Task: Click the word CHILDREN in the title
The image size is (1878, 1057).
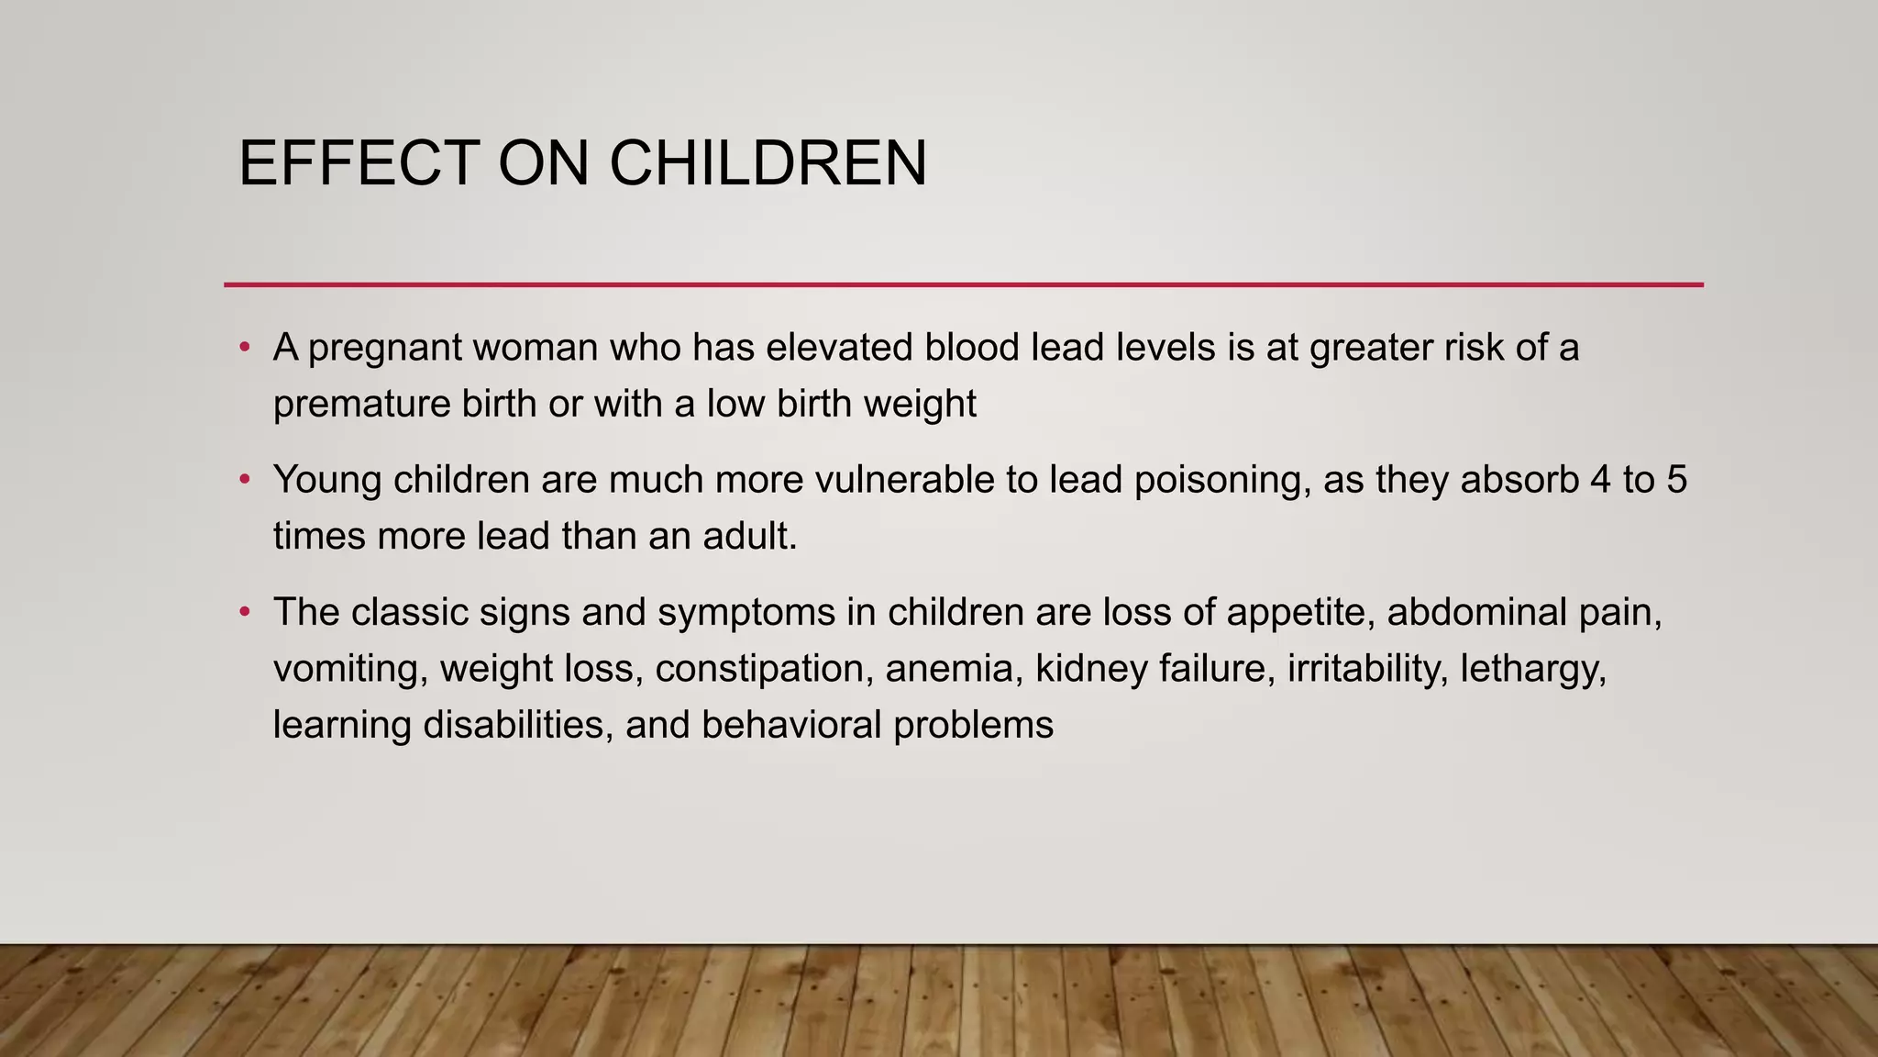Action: point(768,163)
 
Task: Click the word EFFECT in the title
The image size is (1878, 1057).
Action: point(359,163)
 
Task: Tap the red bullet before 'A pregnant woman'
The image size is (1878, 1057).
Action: point(244,347)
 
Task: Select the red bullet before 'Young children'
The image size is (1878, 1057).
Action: point(244,479)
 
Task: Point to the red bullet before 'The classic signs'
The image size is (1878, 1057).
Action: point(244,611)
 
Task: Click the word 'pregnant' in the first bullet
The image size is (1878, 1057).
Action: point(384,349)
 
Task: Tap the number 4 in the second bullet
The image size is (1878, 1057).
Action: point(1600,480)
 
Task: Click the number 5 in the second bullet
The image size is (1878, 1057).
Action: point(1676,480)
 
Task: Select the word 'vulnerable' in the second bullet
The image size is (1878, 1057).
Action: point(904,480)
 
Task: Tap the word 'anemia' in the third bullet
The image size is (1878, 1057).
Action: point(954,668)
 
